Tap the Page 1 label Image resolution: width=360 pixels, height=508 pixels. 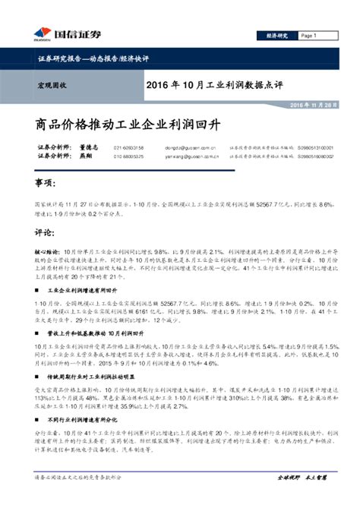point(308,35)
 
